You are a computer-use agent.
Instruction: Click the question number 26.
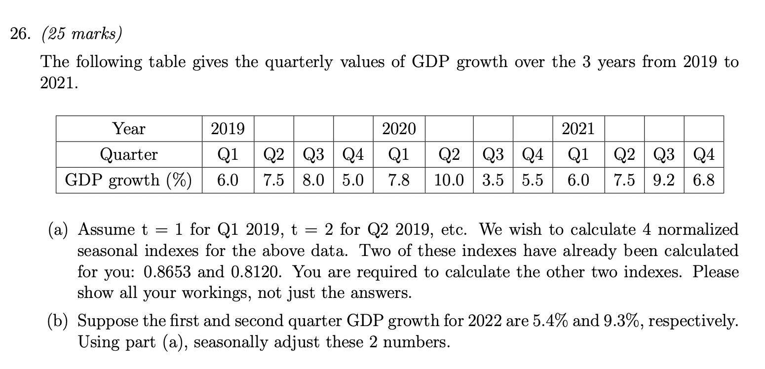click(x=20, y=35)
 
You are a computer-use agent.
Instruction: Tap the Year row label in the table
click(x=129, y=129)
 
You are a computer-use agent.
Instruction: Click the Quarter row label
click(x=129, y=155)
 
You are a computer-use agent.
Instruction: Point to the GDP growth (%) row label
click(x=129, y=181)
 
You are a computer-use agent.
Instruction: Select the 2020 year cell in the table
click(x=399, y=129)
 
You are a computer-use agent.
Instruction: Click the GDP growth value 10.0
click(x=449, y=181)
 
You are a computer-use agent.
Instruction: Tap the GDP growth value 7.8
click(x=399, y=181)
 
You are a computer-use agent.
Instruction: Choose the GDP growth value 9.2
click(x=664, y=181)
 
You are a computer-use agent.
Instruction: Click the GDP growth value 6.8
click(x=703, y=181)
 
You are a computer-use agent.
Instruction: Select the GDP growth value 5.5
click(x=532, y=181)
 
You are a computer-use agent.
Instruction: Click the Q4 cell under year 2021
click(x=703, y=155)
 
